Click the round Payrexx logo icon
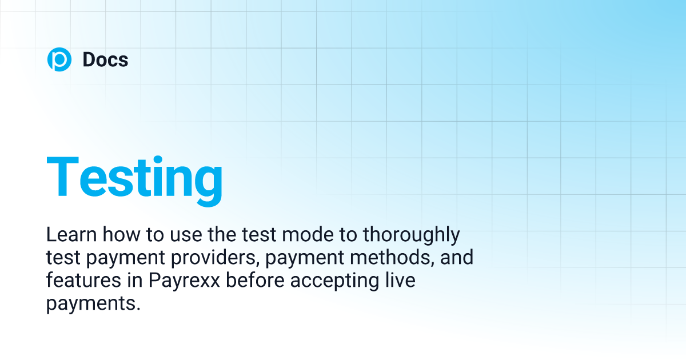(x=59, y=59)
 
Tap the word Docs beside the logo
(x=105, y=59)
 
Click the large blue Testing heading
(x=134, y=177)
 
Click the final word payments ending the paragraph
(x=92, y=304)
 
